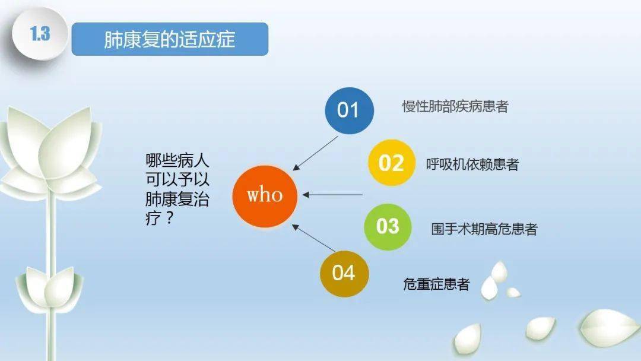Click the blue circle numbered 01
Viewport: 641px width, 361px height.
(349, 110)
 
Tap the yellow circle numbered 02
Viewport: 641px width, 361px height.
(391, 163)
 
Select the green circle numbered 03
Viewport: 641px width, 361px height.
(388, 226)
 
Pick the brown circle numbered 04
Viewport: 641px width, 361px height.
(344, 273)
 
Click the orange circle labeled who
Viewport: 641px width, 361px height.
(265, 195)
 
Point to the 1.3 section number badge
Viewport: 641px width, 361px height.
(40, 34)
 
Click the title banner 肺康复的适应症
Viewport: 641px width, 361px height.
(170, 39)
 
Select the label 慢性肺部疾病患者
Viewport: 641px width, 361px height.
(455, 107)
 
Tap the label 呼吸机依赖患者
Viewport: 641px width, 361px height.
(472, 164)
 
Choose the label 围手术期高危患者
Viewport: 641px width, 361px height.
(484, 229)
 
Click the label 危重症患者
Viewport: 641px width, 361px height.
(436, 284)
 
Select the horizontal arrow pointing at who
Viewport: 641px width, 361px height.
(332, 194)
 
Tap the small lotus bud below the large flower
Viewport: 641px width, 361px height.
(50, 285)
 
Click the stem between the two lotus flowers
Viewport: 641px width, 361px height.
(52, 232)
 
